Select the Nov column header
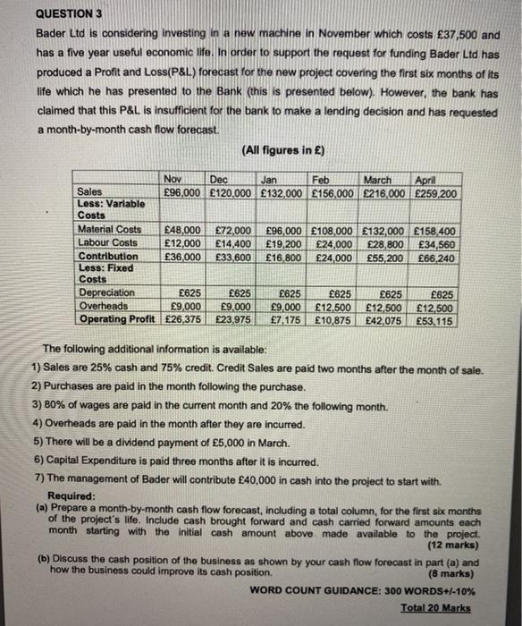[x=175, y=179]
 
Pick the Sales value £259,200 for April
[x=435, y=191]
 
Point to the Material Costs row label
[x=110, y=230]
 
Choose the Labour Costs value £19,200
[x=282, y=242]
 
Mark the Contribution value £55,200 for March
[x=383, y=256]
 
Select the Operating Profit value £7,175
[x=285, y=317]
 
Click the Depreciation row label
[x=107, y=292]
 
